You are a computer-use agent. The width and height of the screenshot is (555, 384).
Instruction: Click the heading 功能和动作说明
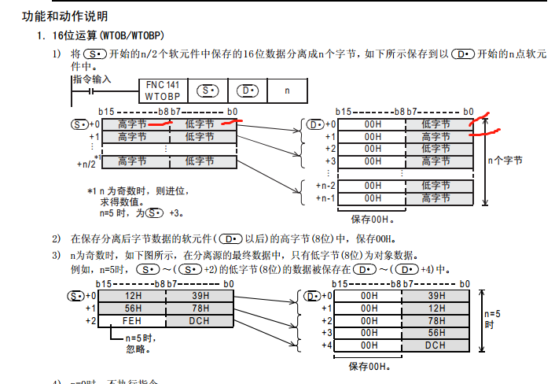(x=64, y=16)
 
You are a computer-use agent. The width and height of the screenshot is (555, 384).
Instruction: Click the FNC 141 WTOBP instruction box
(x=162, y=90)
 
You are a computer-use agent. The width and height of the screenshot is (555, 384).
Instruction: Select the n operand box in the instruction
(x=287, y=90)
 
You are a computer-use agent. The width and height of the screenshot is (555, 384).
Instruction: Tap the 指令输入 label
(x=92, y=79)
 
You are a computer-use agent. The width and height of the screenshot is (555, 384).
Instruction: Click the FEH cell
(x=132, y=321)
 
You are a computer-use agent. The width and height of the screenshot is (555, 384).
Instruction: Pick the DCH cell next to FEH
(x=199, y=321)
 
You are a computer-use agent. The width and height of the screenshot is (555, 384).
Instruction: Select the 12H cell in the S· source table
(x=132, y=296)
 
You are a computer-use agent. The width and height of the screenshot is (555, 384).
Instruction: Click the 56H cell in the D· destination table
(x=435, y=333)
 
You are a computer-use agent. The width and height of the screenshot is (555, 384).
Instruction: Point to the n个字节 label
(x=504, y=161)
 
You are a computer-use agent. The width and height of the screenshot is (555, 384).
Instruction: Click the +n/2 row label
(x=86, y=164)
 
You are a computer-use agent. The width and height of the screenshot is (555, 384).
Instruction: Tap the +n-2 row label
(x=325, y=186)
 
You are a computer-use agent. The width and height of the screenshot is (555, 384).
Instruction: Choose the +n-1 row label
(x=325, y=198)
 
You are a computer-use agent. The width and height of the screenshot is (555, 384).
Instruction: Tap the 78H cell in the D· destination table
(x=435, y=321)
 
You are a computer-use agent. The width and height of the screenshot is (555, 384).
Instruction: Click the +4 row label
(x=325, y=345)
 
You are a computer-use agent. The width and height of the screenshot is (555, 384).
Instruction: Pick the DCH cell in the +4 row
(x=435, y=345)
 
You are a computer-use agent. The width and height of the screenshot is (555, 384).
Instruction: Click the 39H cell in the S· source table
(x=199, y=296)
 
